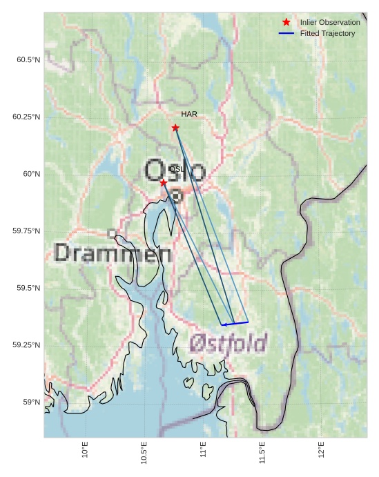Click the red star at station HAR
tap(175, 128)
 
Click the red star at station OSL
tap(163, 182)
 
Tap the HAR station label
tap(189, 114)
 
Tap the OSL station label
tap(176, 169)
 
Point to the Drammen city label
tap(113, 254)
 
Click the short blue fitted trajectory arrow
tap(235, 323)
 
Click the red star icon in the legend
tap(286, 22)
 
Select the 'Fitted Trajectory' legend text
tap(327, 33)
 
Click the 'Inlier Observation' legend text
tap(330, 22)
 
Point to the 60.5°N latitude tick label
tap(28, 60)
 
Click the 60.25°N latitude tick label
tap(26, 117)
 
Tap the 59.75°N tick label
tap(26, 231)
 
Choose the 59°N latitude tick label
tap(30, 402)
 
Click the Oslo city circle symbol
tap(176, 196)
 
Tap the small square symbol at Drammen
tap(112, 234)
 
